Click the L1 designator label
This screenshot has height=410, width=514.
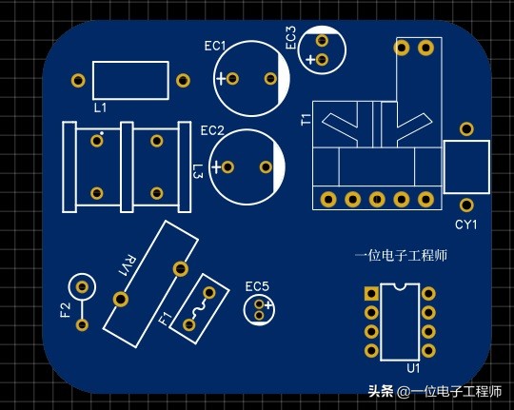[x=100, y=108]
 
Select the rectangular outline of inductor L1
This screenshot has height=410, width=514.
[x=130, y=80]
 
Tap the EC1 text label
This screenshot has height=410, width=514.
[x=215, y=46]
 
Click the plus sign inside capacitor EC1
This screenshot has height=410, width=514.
[x=222, y=79]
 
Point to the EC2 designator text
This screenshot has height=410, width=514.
[x=212, y=130]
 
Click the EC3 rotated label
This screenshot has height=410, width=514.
[x=290, y=38]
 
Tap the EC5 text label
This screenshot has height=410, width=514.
[x=257, y=286]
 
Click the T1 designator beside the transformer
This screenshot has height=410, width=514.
[x=306, y=120]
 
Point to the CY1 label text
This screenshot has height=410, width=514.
[x=465, y=225]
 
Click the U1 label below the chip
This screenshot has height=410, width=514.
[x=413, y=367]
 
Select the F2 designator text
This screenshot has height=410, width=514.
[x=65, y=310]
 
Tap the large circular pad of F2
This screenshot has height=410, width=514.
[x=82, y=286]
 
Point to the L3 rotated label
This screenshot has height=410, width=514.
[x=197, y=172]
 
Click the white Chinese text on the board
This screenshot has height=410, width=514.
[x=401, y=255]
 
